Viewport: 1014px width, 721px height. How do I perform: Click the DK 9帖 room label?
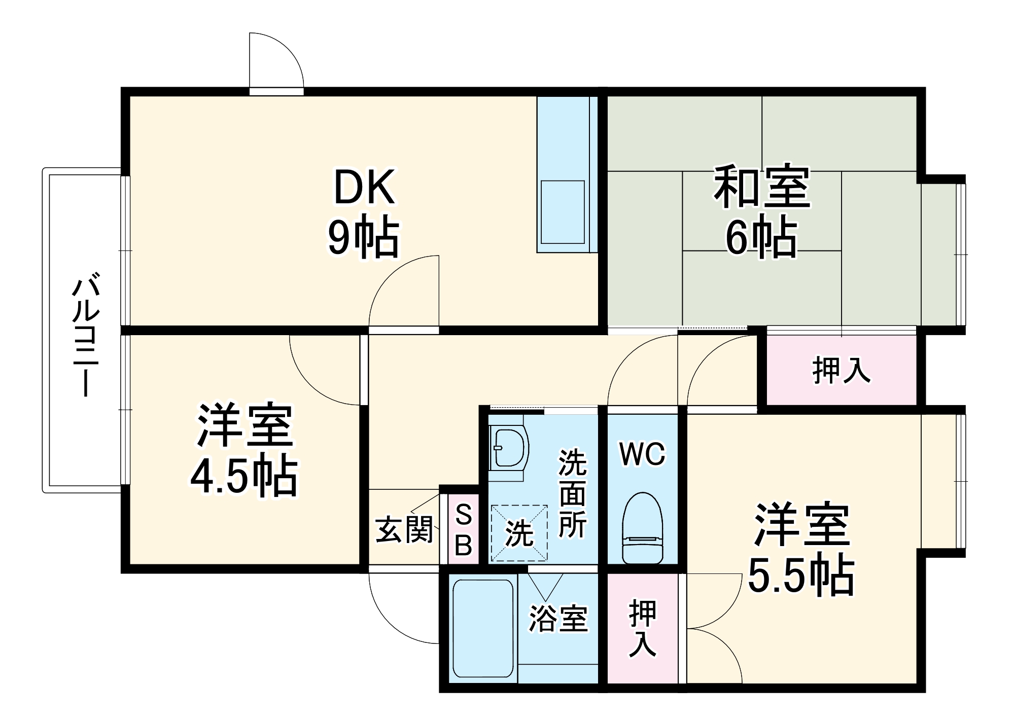coord(364,213)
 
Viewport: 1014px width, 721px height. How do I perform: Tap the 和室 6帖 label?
coord(761,210)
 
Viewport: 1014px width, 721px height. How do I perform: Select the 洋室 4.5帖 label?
coord(244,450)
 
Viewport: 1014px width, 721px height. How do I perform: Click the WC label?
coord(642,454)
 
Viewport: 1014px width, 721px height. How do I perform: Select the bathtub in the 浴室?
coord(483,629)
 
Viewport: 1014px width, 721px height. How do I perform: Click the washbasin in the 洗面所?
coord(509,448)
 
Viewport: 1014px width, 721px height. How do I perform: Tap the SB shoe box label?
coord(464,530)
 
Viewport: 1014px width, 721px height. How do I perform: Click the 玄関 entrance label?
coord(404,530)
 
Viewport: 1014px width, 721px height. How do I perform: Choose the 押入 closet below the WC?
coord(643,629)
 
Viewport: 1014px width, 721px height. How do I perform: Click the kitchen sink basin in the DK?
coord(563,212)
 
